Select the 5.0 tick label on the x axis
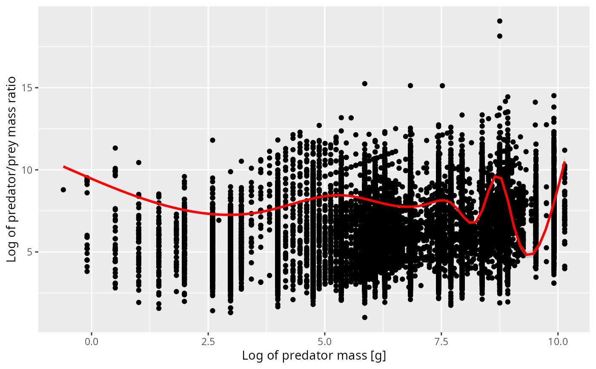325,342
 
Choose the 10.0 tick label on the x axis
558,342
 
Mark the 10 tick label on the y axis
29,170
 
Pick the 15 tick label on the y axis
29,88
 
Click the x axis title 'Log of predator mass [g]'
314,356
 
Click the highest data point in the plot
500,21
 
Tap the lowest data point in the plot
364,317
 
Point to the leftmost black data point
63,189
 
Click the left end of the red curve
64,166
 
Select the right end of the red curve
564,163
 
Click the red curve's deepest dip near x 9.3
528,255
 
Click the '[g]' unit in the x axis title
378,356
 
